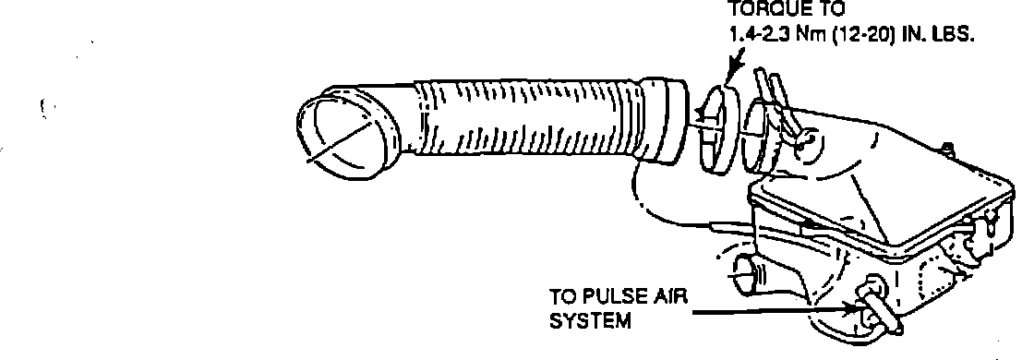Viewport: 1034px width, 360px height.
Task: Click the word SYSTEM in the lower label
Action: click(x=590, y=322)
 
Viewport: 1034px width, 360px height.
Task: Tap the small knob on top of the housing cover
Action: click(x=947, y=150)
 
